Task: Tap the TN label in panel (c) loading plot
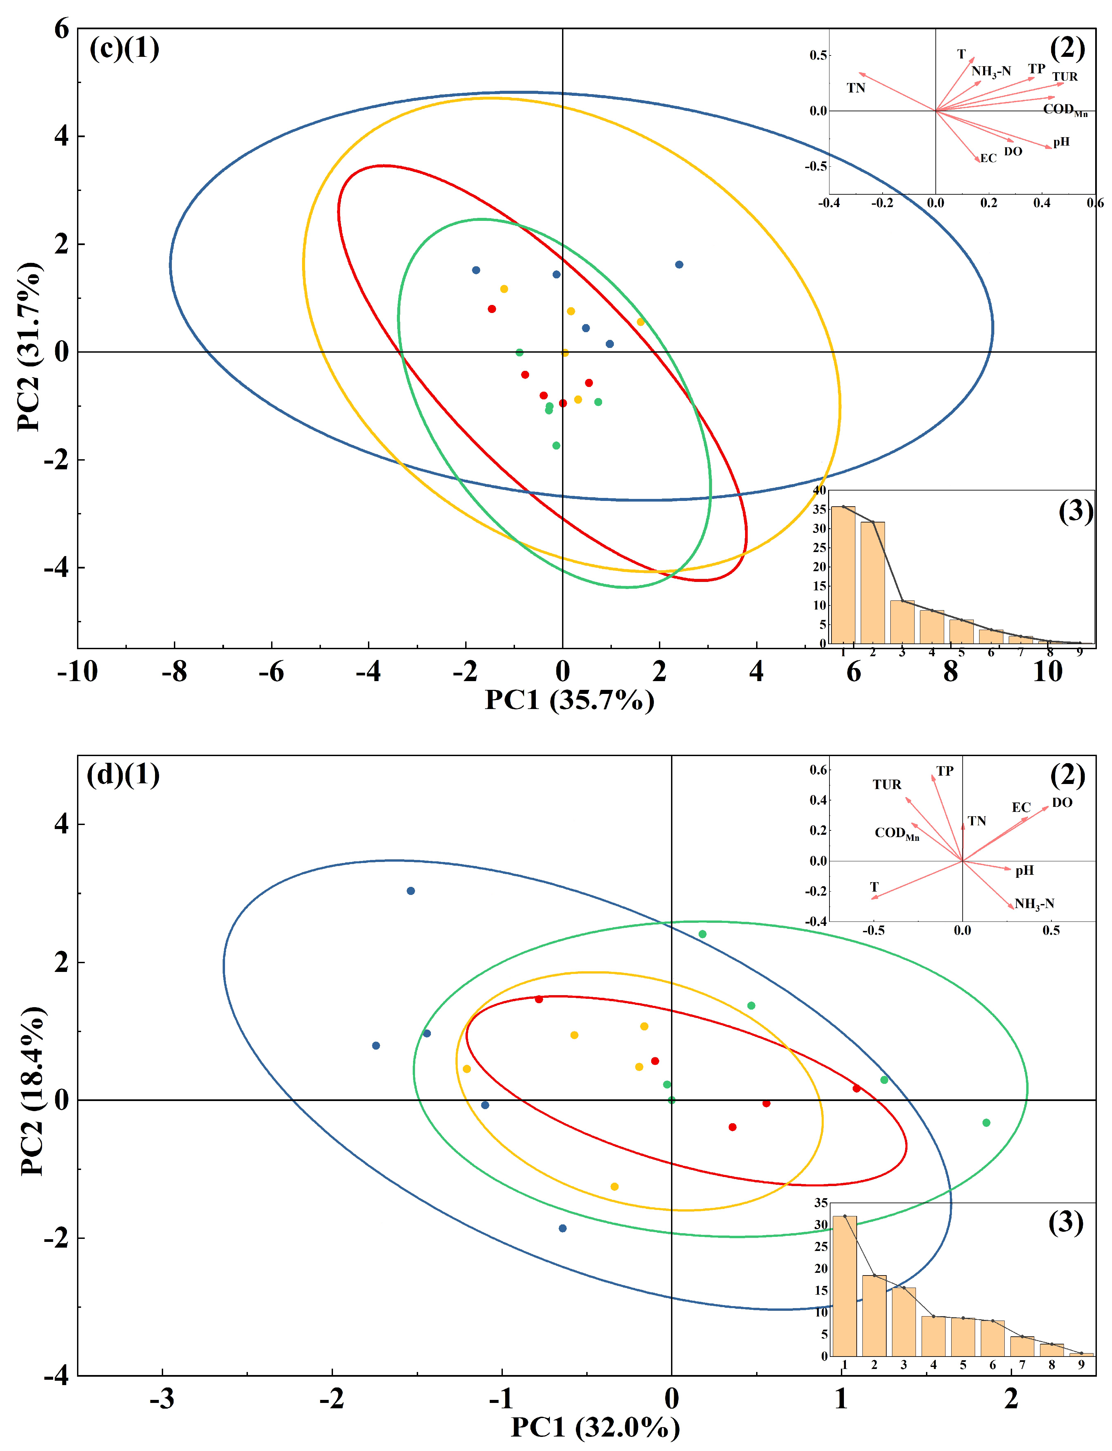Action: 856,88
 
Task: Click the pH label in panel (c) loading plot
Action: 1061,142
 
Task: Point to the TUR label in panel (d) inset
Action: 886,785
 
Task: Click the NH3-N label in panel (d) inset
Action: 1034,904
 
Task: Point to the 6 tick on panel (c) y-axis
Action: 62,29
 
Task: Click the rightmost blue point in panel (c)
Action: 679,265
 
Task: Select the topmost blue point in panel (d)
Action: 410,891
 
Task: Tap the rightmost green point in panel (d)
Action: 986,1122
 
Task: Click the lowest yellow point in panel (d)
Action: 614,1186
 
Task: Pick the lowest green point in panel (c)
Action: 556,445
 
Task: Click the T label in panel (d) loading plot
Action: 875,887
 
